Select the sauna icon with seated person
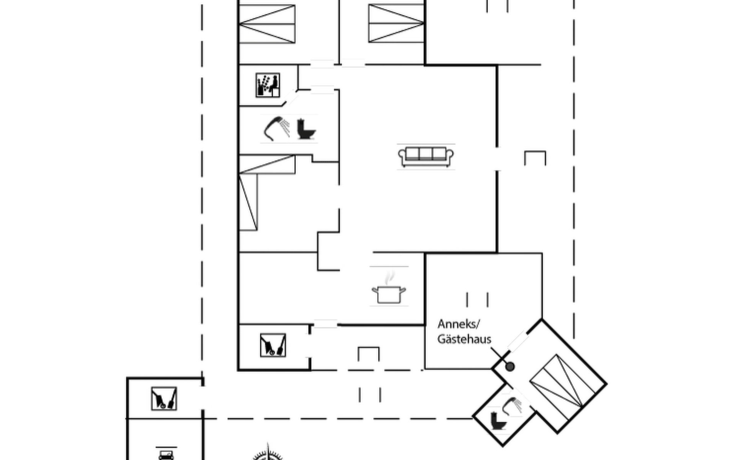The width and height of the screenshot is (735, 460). pos(268,85)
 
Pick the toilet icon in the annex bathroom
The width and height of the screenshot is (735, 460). pos(498,421)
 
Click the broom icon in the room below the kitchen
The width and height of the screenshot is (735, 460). pos(273,345)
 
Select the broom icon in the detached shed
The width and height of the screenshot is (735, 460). pos(164,399)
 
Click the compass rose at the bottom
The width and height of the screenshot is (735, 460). pos(268,454)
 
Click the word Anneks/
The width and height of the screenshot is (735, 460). pos(458,324)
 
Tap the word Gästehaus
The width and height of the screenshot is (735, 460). pos(464,339)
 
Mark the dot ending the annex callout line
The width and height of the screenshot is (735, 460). pos(510,367)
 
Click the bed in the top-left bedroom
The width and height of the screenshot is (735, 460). pos(267,23)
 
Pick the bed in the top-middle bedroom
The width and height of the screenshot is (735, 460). pos(396,23)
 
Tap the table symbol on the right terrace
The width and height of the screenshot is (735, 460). pos(535,158)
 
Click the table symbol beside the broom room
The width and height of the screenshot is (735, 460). pos(368,354)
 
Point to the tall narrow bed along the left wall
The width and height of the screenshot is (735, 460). pos(248,201)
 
